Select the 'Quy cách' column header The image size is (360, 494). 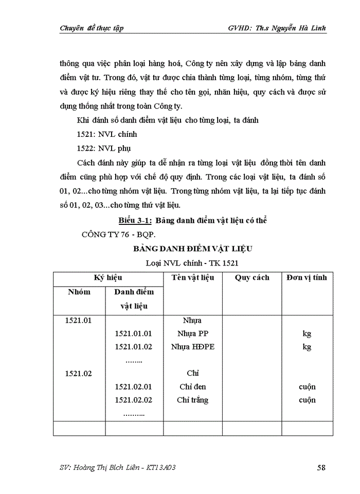252,278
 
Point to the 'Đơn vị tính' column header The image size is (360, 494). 307,278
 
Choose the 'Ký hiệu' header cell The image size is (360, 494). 108,278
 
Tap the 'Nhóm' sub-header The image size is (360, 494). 79,292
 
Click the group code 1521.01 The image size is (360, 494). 79,321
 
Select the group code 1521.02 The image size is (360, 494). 79,373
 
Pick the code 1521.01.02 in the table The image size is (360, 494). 134,347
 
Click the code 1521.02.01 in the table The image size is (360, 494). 134,386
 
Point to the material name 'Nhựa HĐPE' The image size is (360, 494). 193,347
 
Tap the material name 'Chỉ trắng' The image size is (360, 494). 193,400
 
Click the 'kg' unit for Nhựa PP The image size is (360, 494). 307,333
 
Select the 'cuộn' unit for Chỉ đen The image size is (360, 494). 307,386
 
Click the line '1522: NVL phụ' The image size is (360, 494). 103,148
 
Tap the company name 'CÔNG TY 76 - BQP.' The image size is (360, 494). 117,234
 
